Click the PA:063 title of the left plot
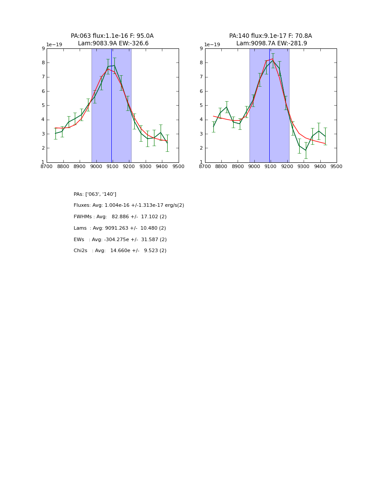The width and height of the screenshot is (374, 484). [112, 36]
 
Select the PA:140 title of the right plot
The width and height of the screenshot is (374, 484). [270, 36]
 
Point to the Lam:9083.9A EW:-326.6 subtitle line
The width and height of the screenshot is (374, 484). [113, 43]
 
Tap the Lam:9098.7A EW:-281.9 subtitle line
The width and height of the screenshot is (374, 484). [271, 43]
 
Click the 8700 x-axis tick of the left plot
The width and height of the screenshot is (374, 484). [47, 167]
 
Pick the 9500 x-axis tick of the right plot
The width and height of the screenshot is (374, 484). [337, 167]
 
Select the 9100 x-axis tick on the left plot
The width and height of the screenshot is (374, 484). [112, 167]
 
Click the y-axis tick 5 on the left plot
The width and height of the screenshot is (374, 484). [43, 106]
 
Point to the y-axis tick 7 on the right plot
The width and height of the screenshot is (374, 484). [201, 77]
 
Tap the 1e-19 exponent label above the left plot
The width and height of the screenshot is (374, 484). [54, 45]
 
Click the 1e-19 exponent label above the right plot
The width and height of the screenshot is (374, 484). [212, 45]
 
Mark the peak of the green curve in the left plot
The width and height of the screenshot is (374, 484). [114, 66]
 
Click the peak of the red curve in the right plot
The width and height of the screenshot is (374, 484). [272, 59]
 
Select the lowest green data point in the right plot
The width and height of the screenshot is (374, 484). [306, 150]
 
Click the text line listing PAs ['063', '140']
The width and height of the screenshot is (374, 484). [95, 194]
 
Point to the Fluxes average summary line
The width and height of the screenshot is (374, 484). [129, 205]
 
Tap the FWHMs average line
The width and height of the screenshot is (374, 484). [120, 217]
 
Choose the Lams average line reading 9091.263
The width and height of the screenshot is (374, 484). [120, 228]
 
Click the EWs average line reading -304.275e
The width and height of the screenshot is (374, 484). [120, 240]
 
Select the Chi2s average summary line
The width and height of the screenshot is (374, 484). [120, 251]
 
